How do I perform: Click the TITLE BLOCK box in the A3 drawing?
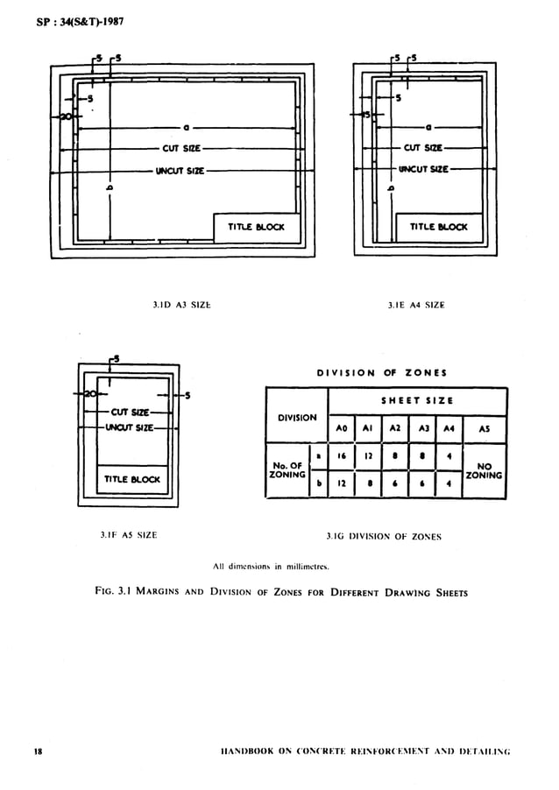[257, 227]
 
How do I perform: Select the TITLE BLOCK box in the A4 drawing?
[438, 227]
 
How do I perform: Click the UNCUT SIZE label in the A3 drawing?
[180, 171]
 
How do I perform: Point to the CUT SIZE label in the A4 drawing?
[422, 148]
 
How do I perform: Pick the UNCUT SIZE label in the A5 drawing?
[129, 427]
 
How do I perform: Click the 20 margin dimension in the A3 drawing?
[65, 116]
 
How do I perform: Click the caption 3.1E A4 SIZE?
[416, 305]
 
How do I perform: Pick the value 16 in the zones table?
[343, 457]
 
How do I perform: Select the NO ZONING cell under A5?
[484, 470]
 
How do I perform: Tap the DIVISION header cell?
[297, 417]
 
